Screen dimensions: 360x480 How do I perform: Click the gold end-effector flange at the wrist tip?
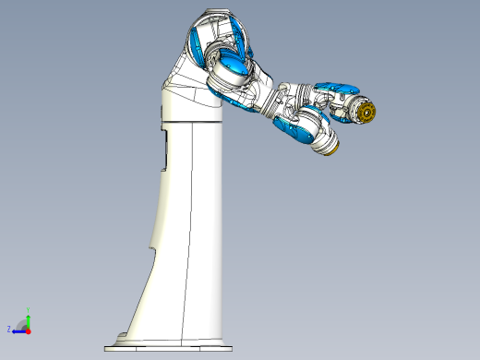coord(368,113)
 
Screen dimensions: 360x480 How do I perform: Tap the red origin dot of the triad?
coord(28,329)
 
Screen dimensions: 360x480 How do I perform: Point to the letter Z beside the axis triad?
coord(9,329)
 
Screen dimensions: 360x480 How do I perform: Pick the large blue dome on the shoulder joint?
coord(231,67)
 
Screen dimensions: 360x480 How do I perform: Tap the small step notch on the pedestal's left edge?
coord(150,245)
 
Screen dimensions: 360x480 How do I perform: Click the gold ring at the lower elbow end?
coord(333,149)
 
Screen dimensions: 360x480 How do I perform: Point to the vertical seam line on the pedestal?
coord(191,231)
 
